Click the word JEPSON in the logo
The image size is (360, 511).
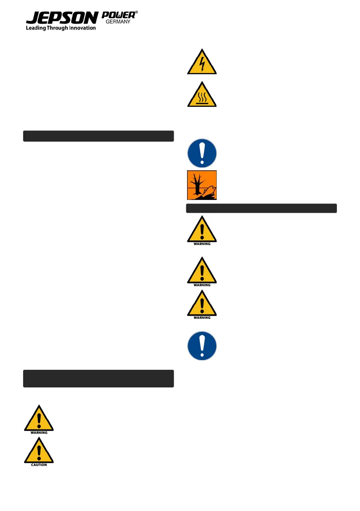point(61,18)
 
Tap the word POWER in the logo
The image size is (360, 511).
point(118,15)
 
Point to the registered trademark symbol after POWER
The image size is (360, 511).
point(136,13)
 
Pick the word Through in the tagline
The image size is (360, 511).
point(58,28)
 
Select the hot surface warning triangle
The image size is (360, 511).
point(202,95)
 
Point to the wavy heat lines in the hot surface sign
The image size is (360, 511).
point(202,97)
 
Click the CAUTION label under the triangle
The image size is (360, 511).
point(39,465)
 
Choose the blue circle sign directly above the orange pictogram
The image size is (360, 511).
point(202,153)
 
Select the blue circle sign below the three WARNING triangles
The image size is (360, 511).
point(202,345)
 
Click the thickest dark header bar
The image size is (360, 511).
point(98,378)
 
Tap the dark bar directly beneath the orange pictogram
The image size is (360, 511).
point(262,209)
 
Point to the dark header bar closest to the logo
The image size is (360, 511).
point(98,136)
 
